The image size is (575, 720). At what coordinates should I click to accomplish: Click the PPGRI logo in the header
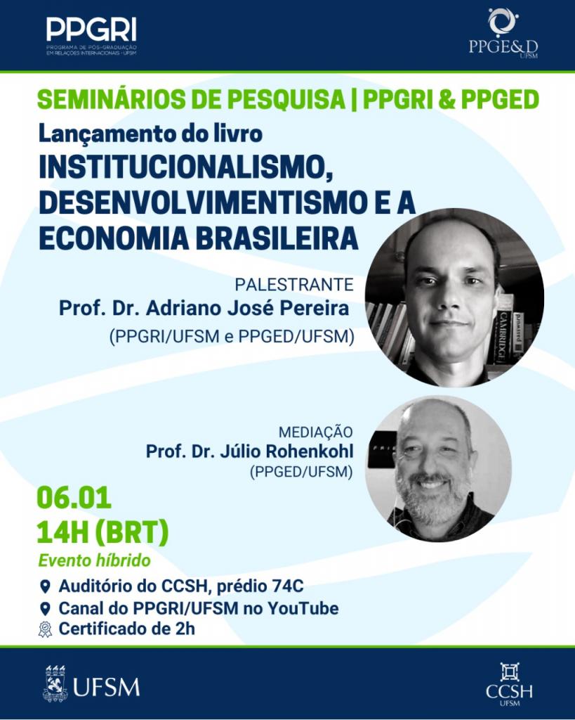pos(91,36)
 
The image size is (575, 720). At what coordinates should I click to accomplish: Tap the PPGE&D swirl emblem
pos(503,22)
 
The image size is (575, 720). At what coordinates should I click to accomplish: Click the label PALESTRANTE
pos(294,285)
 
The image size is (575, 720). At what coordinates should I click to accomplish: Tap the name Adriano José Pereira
pos(248,309)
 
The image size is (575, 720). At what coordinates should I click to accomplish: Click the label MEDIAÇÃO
pos(316,432)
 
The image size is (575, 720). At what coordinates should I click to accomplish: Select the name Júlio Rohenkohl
pos(286,452)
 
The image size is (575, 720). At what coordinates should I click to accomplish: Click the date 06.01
pos(74,498)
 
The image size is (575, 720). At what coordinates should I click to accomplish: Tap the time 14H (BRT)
pos(103,533)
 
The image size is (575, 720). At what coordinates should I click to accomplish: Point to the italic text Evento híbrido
pos(95,560)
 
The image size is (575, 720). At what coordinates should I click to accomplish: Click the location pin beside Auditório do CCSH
pos(45,587)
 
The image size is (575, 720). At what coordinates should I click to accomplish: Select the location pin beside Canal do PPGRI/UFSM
pos(45,609)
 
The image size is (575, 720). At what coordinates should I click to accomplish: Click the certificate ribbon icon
pos(45,629)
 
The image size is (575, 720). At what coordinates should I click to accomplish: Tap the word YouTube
pos(303,608)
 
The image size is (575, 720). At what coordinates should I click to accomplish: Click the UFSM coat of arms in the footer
pos(55,683)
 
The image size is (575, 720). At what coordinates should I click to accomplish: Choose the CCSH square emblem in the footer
pos(510,671)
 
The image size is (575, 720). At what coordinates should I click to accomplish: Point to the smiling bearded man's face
pos(433,473)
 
